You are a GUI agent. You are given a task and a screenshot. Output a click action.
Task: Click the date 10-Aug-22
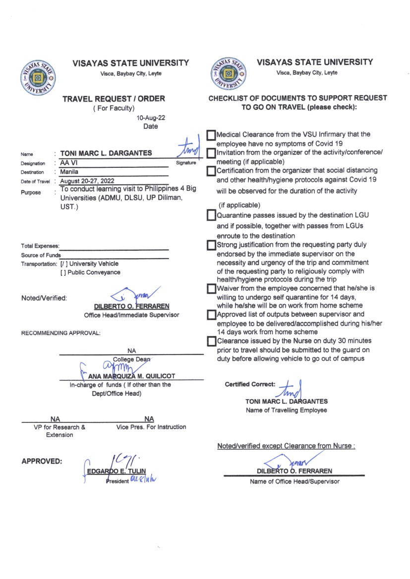pos(151,118)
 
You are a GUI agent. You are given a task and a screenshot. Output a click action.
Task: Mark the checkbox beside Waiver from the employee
pos(212,288)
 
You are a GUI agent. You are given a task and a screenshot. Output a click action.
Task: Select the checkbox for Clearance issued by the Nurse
pos(212,341)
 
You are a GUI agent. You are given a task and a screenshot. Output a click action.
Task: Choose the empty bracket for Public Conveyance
pos(62,272)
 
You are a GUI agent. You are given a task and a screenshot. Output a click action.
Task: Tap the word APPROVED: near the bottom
pos(42,461)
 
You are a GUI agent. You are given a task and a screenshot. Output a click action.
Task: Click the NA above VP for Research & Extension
pos(56,420)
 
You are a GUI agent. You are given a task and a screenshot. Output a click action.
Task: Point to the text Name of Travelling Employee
pos(286,410)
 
